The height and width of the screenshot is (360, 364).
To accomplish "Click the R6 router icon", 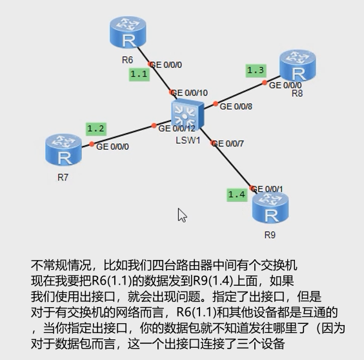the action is coord(128,32).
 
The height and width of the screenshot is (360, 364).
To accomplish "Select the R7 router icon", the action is coord(63,150).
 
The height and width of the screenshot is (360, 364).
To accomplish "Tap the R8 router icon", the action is coord(298,65).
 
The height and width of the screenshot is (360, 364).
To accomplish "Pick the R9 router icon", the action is coord(270,207).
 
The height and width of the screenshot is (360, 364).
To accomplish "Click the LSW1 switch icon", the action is coord(188,114).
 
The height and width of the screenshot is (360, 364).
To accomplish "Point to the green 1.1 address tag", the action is coord(139,74).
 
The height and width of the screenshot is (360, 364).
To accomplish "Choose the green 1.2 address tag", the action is coord(96,128).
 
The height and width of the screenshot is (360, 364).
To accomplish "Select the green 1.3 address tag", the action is coord(256,70).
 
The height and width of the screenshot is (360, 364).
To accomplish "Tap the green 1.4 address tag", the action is coord(237,194).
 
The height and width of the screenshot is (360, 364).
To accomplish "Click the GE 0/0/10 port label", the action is coord(189,93).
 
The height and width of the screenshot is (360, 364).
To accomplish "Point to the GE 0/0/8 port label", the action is coord(236,106).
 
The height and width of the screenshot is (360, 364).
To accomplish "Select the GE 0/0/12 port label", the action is coord(177,128).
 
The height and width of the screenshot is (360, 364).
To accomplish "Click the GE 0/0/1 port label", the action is coord(267,189).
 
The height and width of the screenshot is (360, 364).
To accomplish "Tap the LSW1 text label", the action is coord(188,141).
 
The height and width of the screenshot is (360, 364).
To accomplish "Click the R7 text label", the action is coord(63,177).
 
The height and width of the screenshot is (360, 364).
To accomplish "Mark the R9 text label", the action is coord(270,235).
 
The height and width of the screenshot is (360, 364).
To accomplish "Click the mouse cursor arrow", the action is coord(182,215).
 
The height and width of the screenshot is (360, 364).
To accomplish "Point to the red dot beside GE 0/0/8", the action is coord(216,104).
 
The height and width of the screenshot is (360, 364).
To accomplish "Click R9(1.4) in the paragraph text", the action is coord(214,281).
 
